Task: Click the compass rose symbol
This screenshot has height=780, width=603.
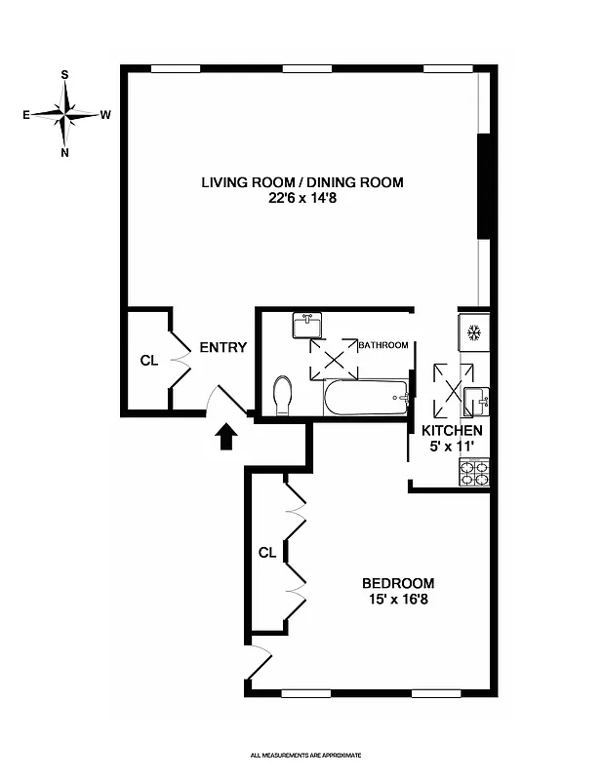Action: (65, 114)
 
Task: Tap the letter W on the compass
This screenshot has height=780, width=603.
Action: (105, 114)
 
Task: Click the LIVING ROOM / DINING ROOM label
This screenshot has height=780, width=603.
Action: (301, 182)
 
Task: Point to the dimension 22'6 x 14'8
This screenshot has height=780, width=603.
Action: (301, 198)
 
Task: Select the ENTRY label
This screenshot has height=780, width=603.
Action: (222, 348)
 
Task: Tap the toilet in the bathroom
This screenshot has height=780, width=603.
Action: (284, 396)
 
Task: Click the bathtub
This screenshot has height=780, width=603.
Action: (366, 398)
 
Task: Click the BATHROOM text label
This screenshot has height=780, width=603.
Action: (382, 345)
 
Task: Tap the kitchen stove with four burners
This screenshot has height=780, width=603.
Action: (473, 473)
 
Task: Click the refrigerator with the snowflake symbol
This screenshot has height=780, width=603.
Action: (474, 333)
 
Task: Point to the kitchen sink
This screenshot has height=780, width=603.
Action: (476, 399)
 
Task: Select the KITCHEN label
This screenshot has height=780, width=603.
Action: (452, 430)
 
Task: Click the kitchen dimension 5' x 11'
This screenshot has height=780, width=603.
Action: (452, 446)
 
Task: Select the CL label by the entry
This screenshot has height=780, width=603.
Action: (148, 361)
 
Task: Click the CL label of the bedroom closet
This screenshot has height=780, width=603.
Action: (267, 553)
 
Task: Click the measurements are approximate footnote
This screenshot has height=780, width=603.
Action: (305, 755)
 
